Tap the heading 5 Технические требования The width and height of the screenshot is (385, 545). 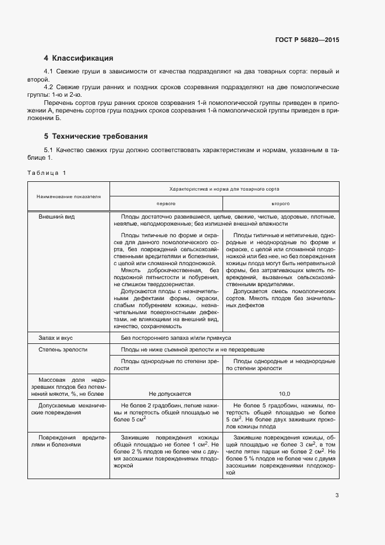click(96, 136)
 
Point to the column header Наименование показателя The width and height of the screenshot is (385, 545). click(69, 196)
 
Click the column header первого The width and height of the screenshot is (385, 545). click(165, 204)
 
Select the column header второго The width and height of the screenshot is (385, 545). click(280, 204)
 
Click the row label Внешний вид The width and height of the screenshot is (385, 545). click(56, 216)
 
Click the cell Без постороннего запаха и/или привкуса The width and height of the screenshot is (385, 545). click(176, 337)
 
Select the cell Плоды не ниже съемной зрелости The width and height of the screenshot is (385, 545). click(193, 350)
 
